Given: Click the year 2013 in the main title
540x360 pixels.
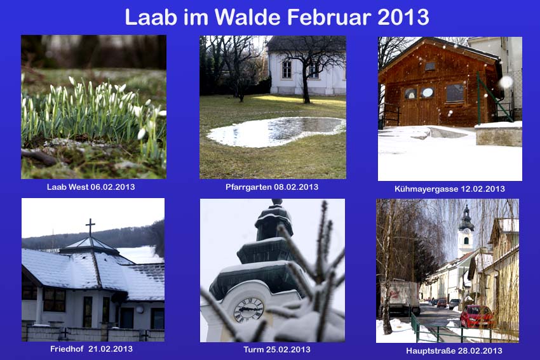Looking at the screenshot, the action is coord(403,17).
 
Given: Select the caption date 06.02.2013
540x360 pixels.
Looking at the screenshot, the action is coord(112,187).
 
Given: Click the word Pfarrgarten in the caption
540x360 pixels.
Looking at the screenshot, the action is coord(248,187).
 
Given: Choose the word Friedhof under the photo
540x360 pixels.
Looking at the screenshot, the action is coord(67,349).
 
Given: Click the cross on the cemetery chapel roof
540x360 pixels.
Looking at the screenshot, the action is coord(90,227).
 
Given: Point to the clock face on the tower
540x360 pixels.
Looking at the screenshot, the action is coord(248,310).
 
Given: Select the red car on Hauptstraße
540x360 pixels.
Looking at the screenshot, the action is coord(477,316).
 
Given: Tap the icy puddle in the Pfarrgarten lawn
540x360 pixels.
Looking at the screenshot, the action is coord(276,132).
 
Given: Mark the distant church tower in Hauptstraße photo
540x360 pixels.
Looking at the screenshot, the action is coord(466,230).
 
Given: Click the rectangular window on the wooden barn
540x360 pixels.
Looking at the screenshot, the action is coord(455,93).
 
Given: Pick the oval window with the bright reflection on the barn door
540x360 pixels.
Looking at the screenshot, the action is coord(428,92).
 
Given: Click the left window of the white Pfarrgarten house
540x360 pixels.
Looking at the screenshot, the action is coord(287,69).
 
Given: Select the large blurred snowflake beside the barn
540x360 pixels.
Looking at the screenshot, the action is coord(506,83).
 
